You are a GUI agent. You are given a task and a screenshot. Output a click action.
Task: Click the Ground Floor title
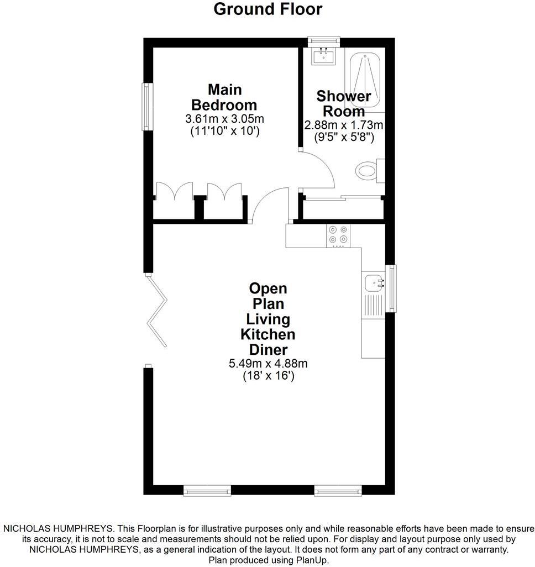(x=267, y=9)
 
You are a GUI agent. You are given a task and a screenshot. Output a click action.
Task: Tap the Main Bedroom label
(x=224, y=97)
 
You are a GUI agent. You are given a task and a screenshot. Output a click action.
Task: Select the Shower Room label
(x=343, y=103)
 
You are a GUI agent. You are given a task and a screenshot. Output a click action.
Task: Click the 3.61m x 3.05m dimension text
(x=224, y=119)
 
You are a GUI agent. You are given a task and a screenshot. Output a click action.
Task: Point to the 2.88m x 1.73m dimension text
(x=343, y=125)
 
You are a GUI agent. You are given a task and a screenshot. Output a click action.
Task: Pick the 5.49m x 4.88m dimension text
(x=268, y=364)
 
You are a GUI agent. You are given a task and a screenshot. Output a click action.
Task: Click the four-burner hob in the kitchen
(x=338, y=235)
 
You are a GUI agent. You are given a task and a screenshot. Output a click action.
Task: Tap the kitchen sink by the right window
(x=375, y=283)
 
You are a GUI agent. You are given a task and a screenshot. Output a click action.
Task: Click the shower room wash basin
(x=322, y=56)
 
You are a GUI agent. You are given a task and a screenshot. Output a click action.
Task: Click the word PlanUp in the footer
(x=313, y=560)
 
